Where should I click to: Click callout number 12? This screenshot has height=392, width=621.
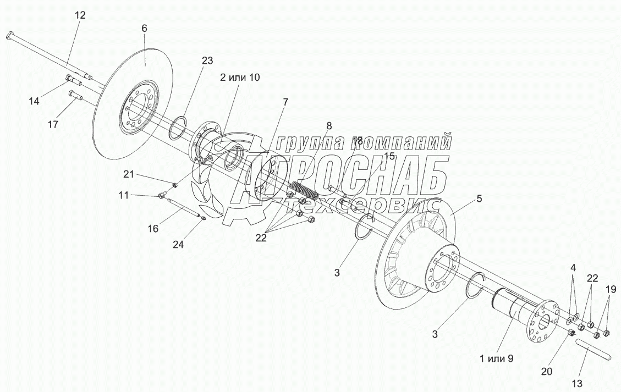[x=80, y=15]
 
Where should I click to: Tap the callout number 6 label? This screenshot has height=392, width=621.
[x=145, y=27]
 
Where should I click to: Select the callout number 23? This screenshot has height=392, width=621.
[x=207, y=61]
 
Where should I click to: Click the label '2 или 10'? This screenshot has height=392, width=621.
[x=240, y=78]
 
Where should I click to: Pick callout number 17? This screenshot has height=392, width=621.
[x=53, y=125]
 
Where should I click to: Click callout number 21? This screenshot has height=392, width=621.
[x=129, y=174]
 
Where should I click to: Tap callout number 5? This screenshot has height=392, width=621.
[x=479, y=199]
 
